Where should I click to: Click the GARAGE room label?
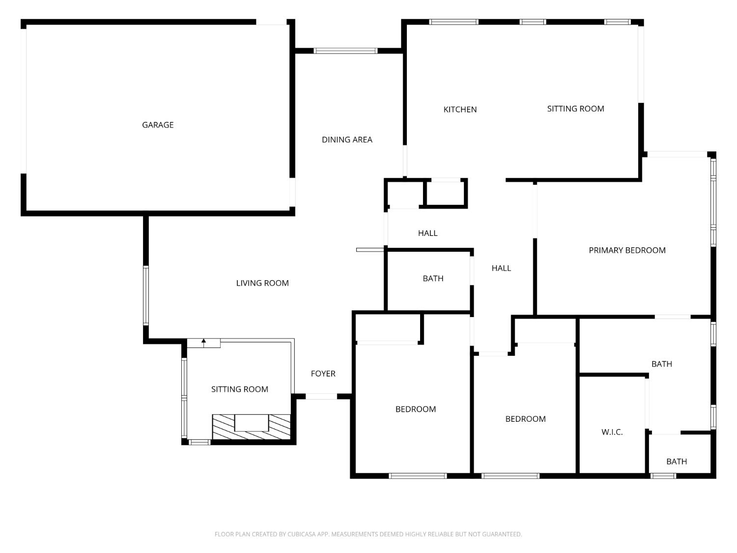[x=158, y=125]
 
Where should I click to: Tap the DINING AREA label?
[x=347, y=140]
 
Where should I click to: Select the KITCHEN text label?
[x=460, y=110]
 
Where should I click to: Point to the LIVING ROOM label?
[x=262, y=283]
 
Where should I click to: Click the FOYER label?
[x=323, y=374]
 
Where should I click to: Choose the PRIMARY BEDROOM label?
[x=627, y=250]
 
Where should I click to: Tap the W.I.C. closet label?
[x=612, y=432]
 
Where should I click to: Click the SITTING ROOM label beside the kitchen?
[x=575, y=109]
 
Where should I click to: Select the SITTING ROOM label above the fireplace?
[x=239, y=389]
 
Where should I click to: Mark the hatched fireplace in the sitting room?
[x=251, y=427]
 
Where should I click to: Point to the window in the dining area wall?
[x=345, y=51]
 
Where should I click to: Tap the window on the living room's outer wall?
[x=146, y=295]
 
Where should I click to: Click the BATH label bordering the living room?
[x=433, y=279]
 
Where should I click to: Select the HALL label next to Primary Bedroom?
[x=501, y=268]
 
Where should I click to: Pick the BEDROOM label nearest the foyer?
[x=415, y=409]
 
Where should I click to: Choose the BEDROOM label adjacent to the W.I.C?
[x=525, y=419]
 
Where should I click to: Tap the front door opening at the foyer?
[x=321, y=396]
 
